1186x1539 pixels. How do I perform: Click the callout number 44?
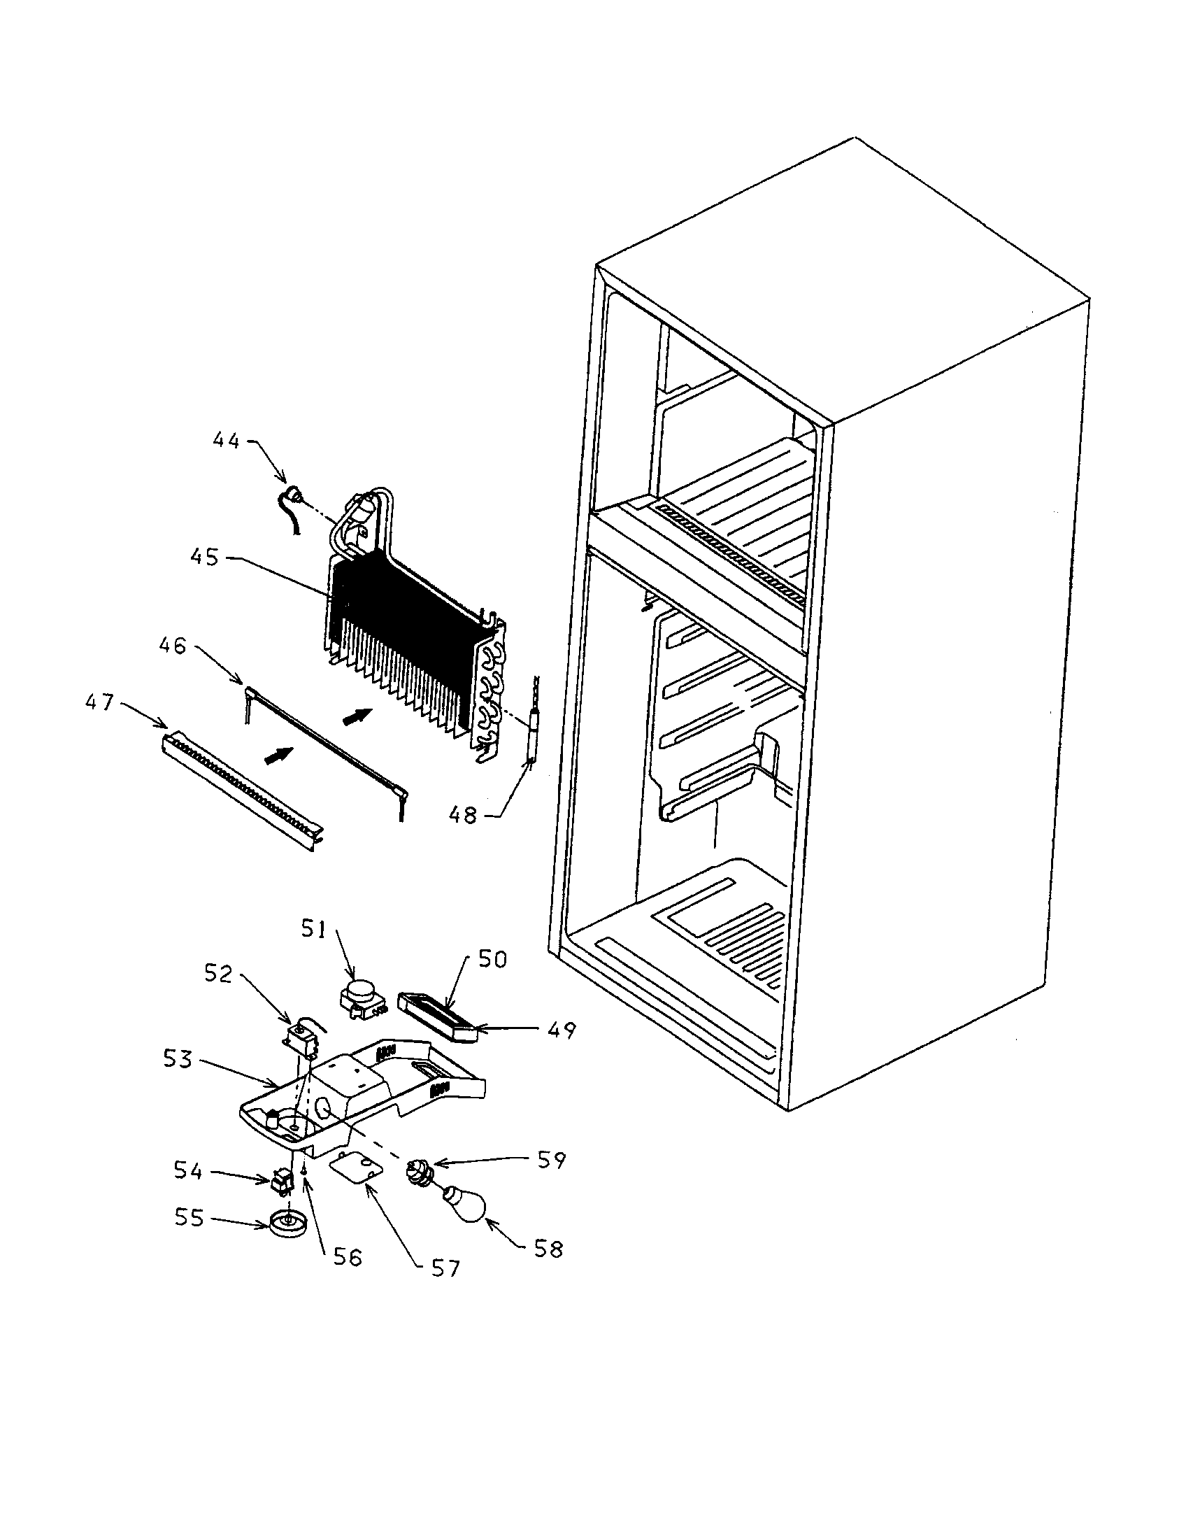click(x=226, y=441)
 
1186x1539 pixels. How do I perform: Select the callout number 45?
click(x=204, y=557)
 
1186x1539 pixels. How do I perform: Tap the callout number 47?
click(x=99, y=702)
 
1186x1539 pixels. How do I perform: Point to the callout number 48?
click(x=463, y=815)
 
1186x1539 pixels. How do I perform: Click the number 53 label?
click(x=178, y=1058)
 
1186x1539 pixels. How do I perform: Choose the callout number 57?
click(x=445, y=1268)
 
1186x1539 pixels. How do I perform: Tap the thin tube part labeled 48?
click(x=529, y=744)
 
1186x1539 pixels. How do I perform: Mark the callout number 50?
click(x=492, y=960)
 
